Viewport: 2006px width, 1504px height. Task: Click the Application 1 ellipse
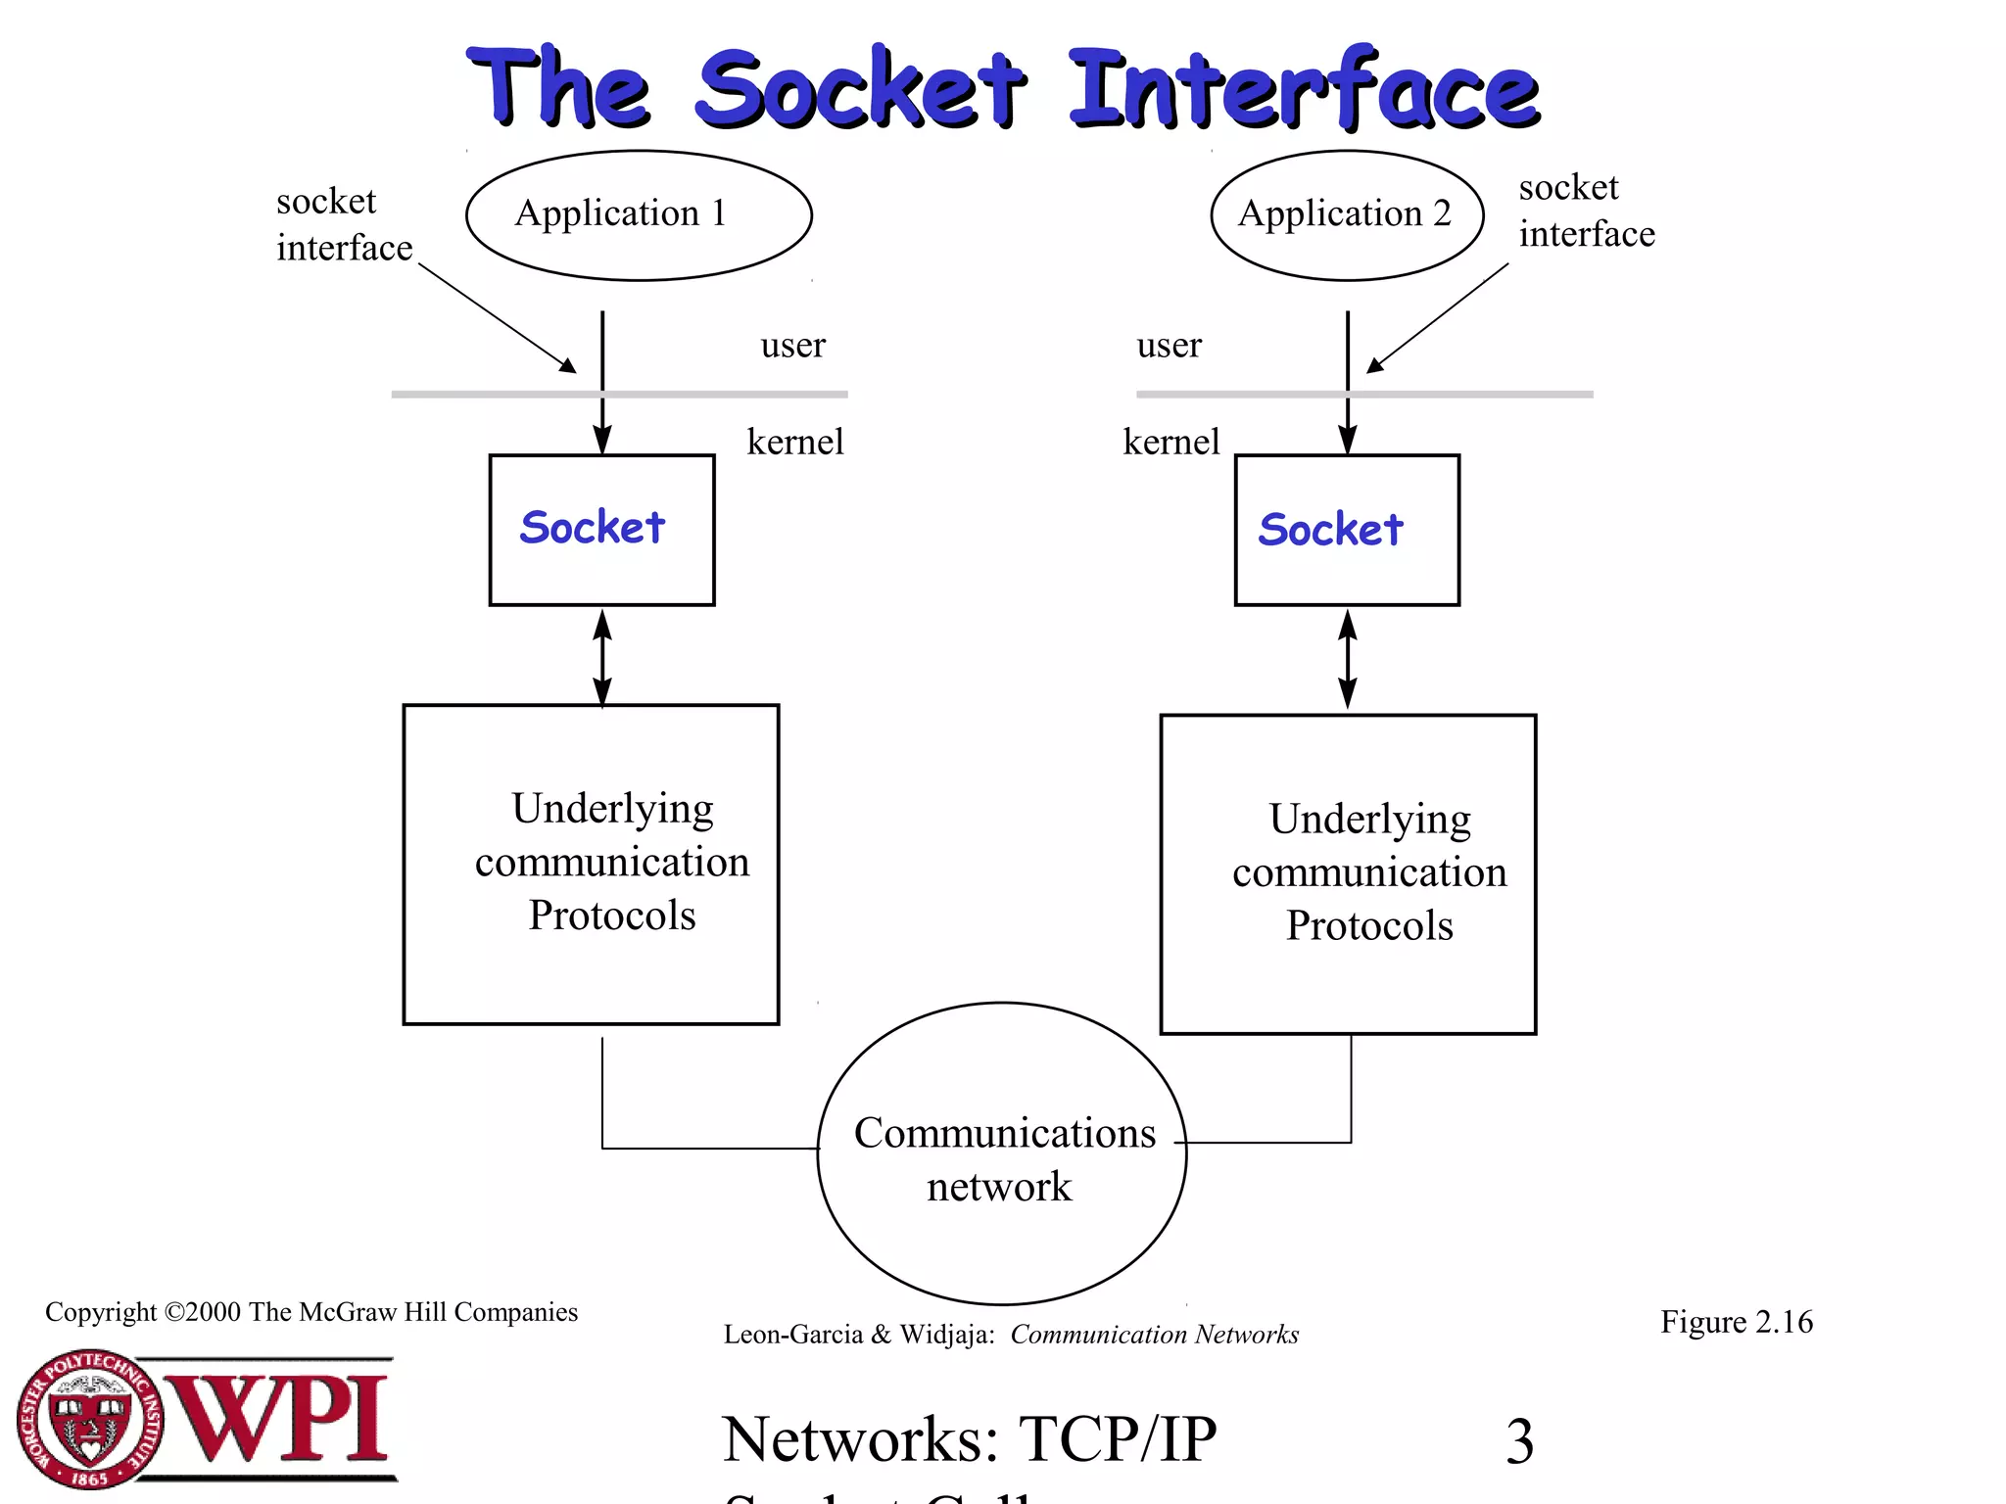pyautogui.click(x=639, y=215)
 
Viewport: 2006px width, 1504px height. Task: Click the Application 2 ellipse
pyautogui.click(x=1347, y=215)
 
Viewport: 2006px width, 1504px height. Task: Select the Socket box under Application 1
pyautogui.click(x=601, y=530)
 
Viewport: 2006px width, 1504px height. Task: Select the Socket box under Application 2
pyautogui.click(x=1347, y=530)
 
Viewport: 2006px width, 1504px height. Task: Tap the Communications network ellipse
pyautogui.click(x=1002, y=1155)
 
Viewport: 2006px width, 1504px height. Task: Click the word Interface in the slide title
pyautogui.click(x=1303, y=90)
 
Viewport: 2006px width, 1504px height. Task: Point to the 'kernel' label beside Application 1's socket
pyautogui.click(x=794, y=442)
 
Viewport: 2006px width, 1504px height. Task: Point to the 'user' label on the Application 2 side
pyautogui.click(x=1169, y=345)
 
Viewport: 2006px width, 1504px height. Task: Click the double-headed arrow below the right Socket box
pyautogui.click(x=1348, y=659)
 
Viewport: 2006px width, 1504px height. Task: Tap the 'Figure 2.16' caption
pyautogui.click(x=1736, y=1322)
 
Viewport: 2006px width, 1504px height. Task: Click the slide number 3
pyautogui.click(x=1519, y=1441)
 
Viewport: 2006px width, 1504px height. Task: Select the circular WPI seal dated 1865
pyautogui.click(x=90, y=1420)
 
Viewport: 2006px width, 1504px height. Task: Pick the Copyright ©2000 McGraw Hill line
pyautogui.click(x=311, y=1312)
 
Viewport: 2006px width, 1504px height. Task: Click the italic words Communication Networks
pyautogui.click(x=1154, y=1335)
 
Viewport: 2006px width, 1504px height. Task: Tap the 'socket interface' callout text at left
pyautogui.click(x=343, y=225)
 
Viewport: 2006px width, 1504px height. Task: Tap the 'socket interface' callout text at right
pyautogui.click(x=1585, y=211)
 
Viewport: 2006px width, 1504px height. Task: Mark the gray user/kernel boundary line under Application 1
pyautogui.click(x=490, y=395)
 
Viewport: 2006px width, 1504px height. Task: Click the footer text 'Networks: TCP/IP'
pyautogui.click(x=970, y=1439)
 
